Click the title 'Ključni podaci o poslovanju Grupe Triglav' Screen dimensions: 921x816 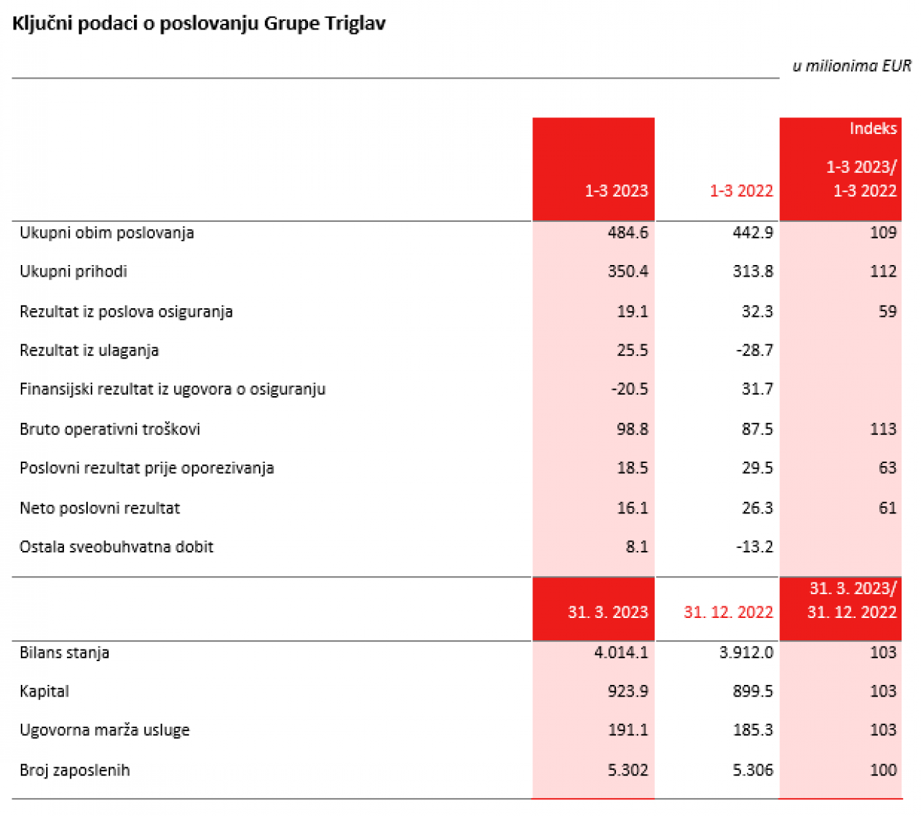pyautogui.click(x=199, y=24)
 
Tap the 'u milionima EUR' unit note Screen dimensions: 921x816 pyautogui.click(x=851, y=66)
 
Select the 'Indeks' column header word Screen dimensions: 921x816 pyautogui.click(x=872, y=128)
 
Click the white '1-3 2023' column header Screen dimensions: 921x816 pyautogui.click(x=615, y=190)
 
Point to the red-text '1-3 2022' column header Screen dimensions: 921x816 pyautogui.click(x=740, y=190)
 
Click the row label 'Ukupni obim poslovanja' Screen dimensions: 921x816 pyautogui.click(x=106, y=233)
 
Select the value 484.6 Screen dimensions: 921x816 pyautogui.click(x=627, y=233)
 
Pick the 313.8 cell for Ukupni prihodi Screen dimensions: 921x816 pyautogui.click(x=753, y=272)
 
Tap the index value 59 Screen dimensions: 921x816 pyautogui.click(x=887, y=311)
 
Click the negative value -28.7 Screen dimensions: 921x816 pyautogui.click(x=754, y=350)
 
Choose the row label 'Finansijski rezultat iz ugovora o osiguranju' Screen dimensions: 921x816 pyautogui.click(x=173, y=389)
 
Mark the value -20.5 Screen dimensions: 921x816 pyautogui.click(x=629, y=389)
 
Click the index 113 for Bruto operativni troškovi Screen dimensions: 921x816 pyautogui.click(x=883, y=429)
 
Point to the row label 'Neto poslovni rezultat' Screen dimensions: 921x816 pyautogui.click(x=99, y=508)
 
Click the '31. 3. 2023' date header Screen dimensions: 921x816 pyautogui.click(x=607, y=611)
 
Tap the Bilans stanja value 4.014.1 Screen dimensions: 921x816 pyautogui.click(x=620, y=653)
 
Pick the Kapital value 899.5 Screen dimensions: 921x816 pyautogui.click(x=753, y=691)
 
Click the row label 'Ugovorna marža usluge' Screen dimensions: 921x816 pyautogui.click(x=104, y=730)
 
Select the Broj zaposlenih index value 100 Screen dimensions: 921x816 pyautogui.click(x=883, y=770)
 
